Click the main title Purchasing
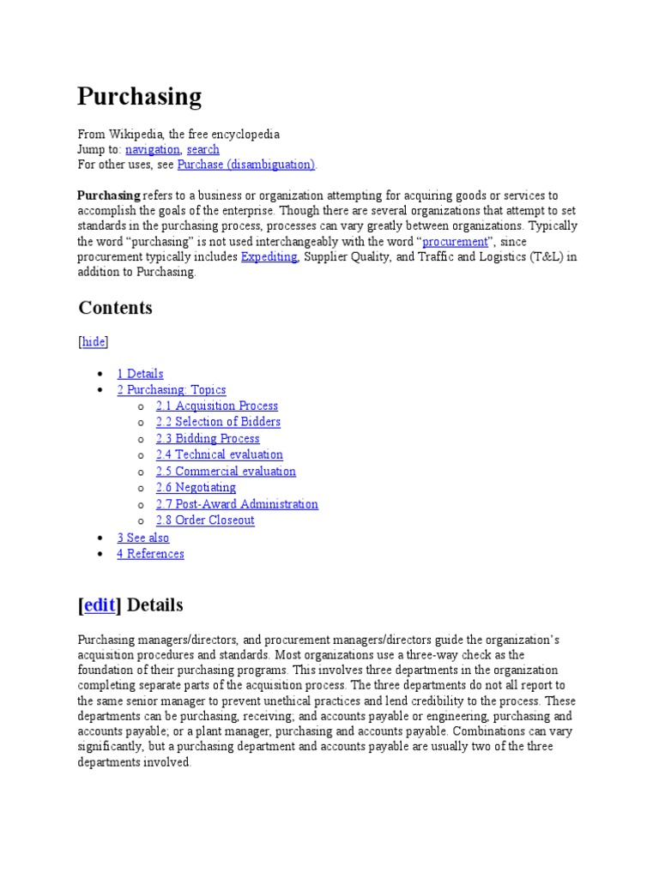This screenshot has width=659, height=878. [139, 96]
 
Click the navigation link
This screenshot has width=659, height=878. [152, 149]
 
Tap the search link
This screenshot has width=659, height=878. [203, 149]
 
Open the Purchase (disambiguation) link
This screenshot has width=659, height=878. [246, 164]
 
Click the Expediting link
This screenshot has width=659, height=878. [269, 256]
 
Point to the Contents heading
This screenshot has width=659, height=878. [115, 308]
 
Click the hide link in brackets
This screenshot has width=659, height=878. [94, 341]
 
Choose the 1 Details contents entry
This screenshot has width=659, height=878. [140, 374]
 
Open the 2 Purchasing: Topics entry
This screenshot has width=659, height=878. [172, 390]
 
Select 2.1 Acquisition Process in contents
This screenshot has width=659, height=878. [216, 406]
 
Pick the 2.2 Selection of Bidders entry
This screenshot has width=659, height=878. [218, 422]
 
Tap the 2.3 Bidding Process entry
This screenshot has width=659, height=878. [208, 438]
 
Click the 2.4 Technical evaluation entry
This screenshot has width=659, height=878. [219, 454]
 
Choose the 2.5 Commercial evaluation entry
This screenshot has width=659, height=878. [226, 471]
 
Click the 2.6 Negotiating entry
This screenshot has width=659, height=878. [196, 487]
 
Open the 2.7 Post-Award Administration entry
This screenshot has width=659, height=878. [237, 504]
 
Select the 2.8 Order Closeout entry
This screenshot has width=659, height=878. [205, 520]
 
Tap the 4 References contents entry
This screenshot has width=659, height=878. [150, 554]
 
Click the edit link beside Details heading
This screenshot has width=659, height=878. [100, 605]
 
